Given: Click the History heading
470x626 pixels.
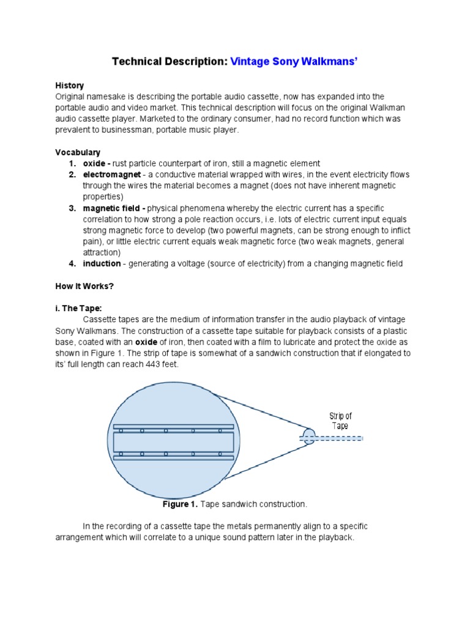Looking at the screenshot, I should coord(69,86).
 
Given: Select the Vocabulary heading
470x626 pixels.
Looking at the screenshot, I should coord(78,152).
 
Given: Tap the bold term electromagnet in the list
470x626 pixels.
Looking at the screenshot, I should coord(105,175).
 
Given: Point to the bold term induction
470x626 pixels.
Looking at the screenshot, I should coord(102,263).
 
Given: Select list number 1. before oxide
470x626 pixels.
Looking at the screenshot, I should coord(72,163).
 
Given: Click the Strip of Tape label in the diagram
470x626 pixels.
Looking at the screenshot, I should coord(340,421).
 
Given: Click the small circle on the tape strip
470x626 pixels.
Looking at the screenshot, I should coord(308,437).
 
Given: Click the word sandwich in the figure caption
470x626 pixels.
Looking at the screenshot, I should coord(232,504).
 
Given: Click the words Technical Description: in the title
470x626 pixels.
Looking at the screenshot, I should coord(170,62).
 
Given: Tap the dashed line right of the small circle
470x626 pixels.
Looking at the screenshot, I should coord(339,438).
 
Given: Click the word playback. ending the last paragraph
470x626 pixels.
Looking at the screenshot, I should coord(337,537).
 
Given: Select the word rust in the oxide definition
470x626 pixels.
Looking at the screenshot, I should coord(121,163).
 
